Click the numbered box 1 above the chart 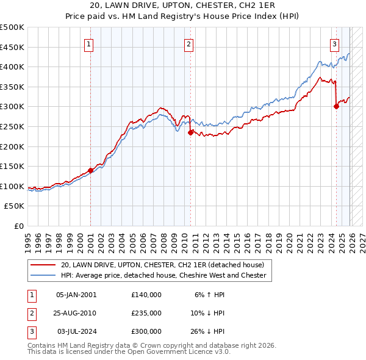pos(89,44)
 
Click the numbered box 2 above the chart pos(189,44)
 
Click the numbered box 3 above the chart pos(335,44)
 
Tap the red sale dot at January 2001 pos(90,170)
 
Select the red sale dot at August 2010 pos(190,132)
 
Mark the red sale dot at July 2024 pos(336,106)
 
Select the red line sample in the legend pos(43,265)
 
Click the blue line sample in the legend pos(43,276)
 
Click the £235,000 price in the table pos(146,313)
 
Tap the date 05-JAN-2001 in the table pos(76,295)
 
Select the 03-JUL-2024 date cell pos(76,331)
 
